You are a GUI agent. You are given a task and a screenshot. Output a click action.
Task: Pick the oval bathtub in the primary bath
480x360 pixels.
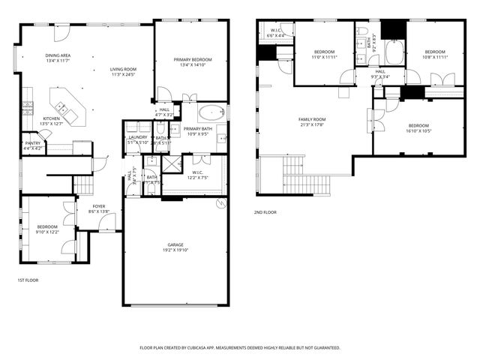click(212, 114)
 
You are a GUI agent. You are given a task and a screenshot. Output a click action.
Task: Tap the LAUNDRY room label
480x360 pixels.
click(138, 137)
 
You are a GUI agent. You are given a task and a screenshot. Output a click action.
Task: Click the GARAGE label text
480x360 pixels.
click(175, 245)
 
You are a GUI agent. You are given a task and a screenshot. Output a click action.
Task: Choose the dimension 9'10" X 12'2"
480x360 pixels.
click(46, 231)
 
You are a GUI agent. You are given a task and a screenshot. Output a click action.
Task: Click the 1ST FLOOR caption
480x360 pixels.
click(28, 280)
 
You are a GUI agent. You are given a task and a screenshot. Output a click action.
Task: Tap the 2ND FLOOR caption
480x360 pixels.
click(265, 212)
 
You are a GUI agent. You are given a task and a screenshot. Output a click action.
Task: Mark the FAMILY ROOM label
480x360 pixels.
click(312, 119)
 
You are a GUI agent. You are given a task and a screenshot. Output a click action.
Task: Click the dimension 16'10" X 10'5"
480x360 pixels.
click(418, 130)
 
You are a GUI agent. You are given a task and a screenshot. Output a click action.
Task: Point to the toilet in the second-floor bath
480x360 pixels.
click(361, 31)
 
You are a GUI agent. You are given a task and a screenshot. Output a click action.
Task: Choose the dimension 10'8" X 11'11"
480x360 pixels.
click(435, 57)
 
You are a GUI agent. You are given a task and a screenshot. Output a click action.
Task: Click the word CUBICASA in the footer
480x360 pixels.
click(199, 348)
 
